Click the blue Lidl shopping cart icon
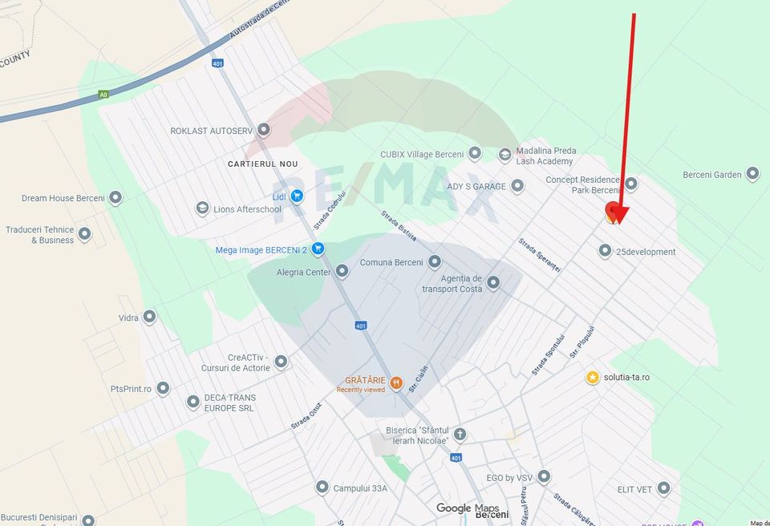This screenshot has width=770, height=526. (x=298, y=196)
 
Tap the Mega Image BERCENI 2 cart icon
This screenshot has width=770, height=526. (x=318, y=249)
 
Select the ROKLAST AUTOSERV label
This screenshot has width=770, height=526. (x=211, y=130)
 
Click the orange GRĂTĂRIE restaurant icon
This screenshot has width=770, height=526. (x=396, y=384)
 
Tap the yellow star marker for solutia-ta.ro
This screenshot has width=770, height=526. (x=593, y=377)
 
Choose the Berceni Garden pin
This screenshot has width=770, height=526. (x=752, y=174)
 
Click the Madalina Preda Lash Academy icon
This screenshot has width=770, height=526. (x=505, y=155)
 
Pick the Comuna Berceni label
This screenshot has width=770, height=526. (x=391, y=262)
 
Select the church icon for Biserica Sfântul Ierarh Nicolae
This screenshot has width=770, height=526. (x=460, y=435)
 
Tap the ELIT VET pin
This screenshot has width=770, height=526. (x=663, y=488)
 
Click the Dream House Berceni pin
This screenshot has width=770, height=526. (x=115, y=198)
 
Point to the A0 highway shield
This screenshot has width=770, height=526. (x=103, y=94)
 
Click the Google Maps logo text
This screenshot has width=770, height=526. (x=468, y=508)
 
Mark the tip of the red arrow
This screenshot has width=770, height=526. (x=618, y=224)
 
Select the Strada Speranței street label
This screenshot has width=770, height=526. (x=539, y=255)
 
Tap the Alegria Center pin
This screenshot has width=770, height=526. (x=342, y=272)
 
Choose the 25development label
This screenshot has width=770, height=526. (x=646, y=252)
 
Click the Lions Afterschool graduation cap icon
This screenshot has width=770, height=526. (x=203, y=208)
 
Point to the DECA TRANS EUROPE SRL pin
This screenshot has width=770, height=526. (x=193, y=403)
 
